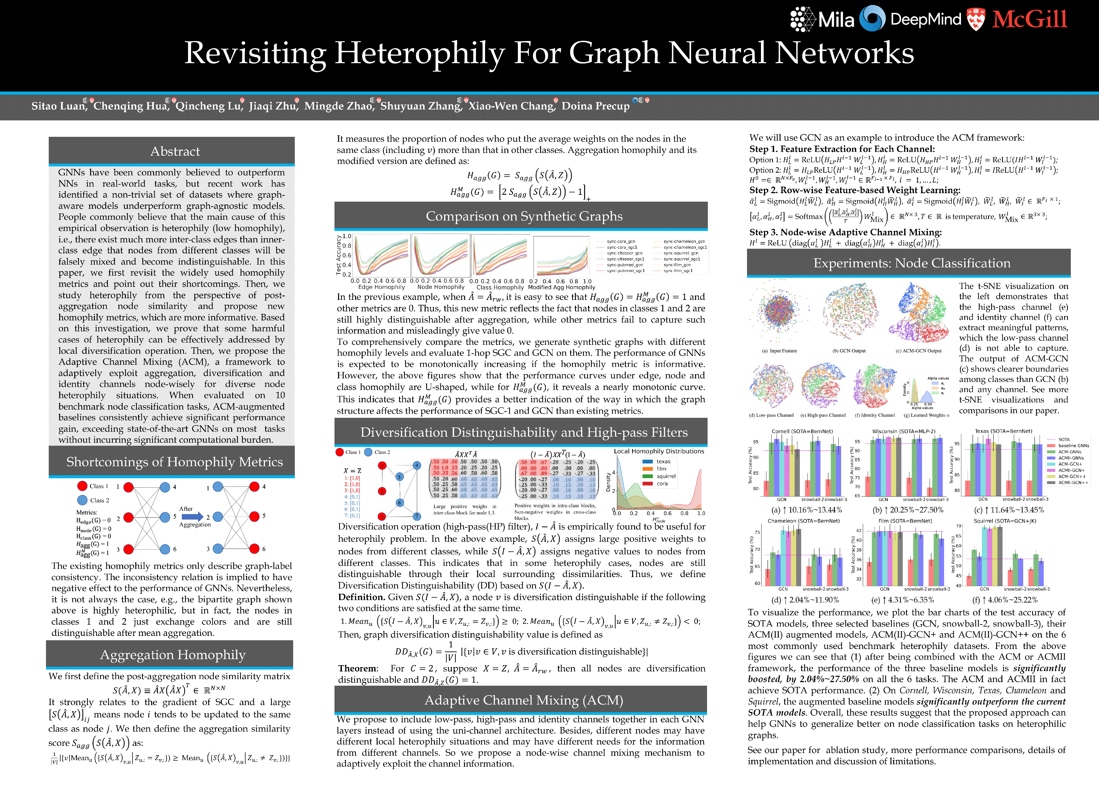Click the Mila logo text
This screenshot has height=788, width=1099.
pos(836,20)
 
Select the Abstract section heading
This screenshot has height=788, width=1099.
pos(175,152)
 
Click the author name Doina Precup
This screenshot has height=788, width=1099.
pos(596,106)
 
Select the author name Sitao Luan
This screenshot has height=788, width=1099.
pos(58,106)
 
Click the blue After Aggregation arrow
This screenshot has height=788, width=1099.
pos(192,517)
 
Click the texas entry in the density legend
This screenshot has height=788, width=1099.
pos(664,462)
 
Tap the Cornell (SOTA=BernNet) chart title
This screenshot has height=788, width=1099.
pos(802,431)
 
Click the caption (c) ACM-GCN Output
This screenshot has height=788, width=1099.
pos(918,351)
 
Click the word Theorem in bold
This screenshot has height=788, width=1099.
pos(357,668)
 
